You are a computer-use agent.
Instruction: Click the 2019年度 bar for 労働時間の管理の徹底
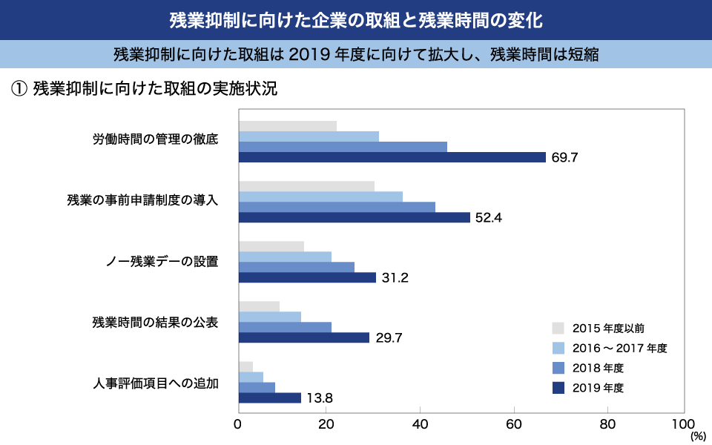tap(392, 157)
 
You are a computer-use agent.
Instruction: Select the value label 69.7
tap(564, 157)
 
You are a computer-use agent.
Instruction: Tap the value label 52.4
tap(488, 217)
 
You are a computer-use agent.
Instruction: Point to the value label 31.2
tap(394, 278)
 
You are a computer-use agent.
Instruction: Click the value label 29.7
tap(387, 338)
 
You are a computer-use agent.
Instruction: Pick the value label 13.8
tap(319, 398)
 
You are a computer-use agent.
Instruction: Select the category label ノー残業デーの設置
tap(162, 261)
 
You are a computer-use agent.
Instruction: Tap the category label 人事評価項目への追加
tap(156, 383)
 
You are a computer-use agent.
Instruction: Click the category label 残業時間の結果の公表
tap(155, 322)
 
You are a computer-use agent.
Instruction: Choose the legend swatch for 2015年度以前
tap(558, 327)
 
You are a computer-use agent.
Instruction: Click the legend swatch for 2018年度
tap(558, 368)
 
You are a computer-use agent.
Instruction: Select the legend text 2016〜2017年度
tap(620, 348)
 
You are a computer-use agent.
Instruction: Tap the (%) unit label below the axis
tap(698, 437)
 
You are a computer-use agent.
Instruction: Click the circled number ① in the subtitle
tap(19, 89)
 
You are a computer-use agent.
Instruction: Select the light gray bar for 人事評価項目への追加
tap(245, 366)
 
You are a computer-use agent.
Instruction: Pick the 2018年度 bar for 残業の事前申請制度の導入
tap(337, 207)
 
